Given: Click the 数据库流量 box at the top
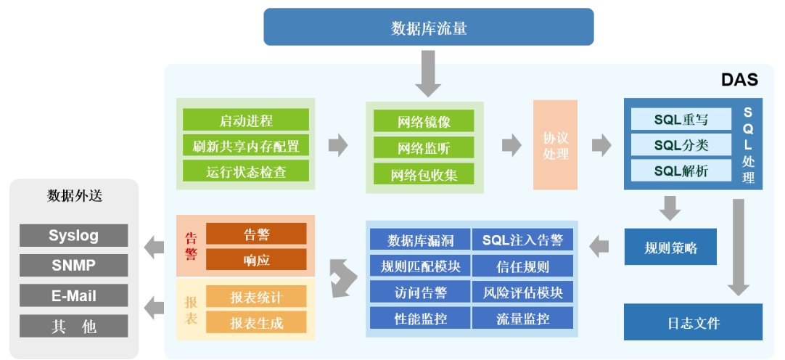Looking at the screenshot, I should click(428, 28).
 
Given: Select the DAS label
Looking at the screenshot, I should click(739, 80).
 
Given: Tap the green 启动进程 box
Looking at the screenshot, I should click(246, 120).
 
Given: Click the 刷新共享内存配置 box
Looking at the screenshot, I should click(246, 146).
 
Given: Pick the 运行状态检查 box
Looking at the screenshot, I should click(246, 172).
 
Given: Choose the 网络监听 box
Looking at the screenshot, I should click(424, 148).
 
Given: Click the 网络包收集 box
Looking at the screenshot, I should click(424, 175).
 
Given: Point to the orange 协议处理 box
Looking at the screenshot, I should click(555, 145).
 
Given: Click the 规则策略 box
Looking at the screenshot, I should click(670, 247).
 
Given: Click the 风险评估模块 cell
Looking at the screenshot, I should click(522, 292).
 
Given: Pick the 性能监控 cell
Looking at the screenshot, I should click(420, 318).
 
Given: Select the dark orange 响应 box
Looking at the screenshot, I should click(256, 260).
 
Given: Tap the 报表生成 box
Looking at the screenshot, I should click(256, 322).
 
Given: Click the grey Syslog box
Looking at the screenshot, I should click(73, 236).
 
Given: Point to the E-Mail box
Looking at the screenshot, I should click(73, 296).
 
